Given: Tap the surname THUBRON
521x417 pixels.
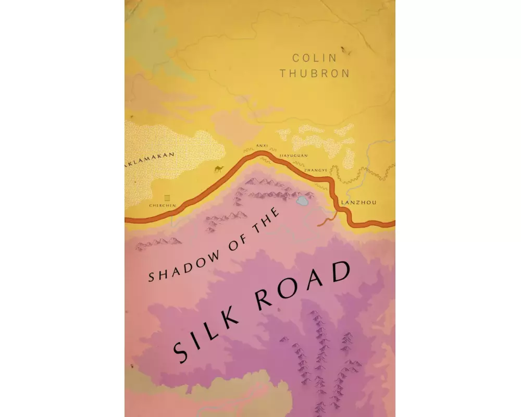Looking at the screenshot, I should click(x=314, y=73).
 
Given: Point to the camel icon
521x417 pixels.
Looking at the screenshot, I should click(x=219, y=168).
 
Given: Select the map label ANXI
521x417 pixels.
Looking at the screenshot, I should click(x=262, y=148).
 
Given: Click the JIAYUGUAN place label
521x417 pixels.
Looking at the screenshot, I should click(x=295, y=155).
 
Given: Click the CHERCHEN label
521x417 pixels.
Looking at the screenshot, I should click(x=163, y=206).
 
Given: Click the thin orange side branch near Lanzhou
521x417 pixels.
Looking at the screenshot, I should click(x=326, y=221).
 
